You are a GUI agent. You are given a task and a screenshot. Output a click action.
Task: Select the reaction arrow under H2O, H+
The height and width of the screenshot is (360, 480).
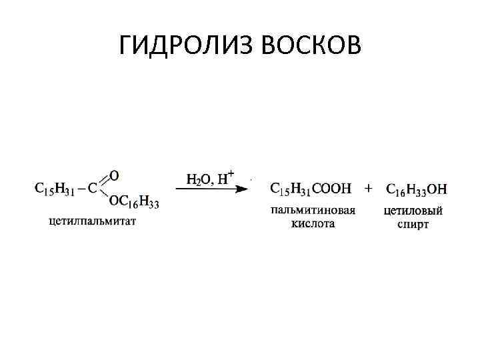(x=212, y=189)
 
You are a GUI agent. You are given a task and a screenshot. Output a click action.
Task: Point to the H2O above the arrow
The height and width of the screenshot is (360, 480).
(x=198, y=178)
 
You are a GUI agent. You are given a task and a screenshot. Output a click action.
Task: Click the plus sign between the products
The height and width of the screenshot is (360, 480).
(x=368, y=189)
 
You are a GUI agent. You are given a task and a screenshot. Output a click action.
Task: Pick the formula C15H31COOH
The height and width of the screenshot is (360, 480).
(x=310, y=189)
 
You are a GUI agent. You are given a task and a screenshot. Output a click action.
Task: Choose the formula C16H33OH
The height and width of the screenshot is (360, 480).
(x=417, y=189)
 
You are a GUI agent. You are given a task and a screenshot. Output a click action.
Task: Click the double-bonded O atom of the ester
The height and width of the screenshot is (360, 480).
(x=113, y=175)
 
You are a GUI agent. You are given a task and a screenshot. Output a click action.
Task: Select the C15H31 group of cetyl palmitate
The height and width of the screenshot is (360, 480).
(x=54, y=189)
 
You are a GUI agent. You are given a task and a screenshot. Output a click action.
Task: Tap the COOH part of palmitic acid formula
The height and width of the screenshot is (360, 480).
(x=331, y=189)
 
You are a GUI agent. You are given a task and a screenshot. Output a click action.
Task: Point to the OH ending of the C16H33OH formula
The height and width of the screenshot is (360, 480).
(x=437, y=189)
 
